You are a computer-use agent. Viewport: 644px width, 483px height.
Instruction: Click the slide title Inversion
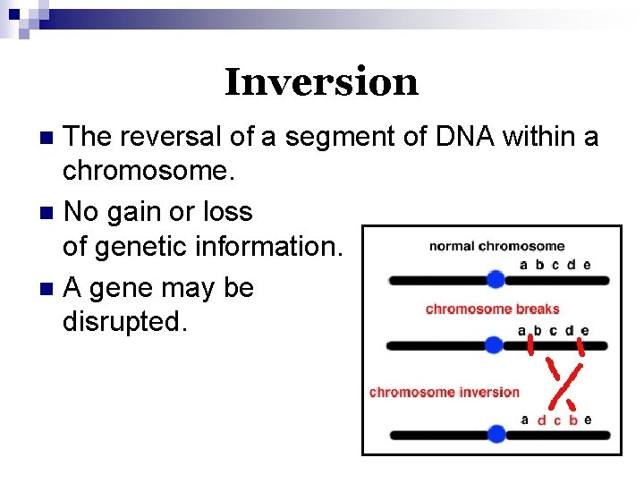(x=321, y=82)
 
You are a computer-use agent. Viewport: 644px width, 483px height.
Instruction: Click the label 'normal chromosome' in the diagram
(x=496, y=246)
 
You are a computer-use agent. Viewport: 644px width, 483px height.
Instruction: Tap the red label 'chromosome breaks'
(x=492, y=309)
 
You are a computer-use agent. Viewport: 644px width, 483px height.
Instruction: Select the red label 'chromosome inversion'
(x=444, y=392)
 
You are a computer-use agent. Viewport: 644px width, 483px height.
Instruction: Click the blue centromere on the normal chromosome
(x=495, y=280)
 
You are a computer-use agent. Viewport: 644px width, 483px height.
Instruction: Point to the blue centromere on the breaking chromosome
(x=493, y=345)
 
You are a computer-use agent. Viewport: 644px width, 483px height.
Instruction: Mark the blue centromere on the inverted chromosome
(x=495, y=435)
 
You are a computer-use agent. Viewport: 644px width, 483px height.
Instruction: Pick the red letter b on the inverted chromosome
(x=572, y=419)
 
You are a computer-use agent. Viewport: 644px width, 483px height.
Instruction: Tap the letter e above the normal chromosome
(x=586, y=264)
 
